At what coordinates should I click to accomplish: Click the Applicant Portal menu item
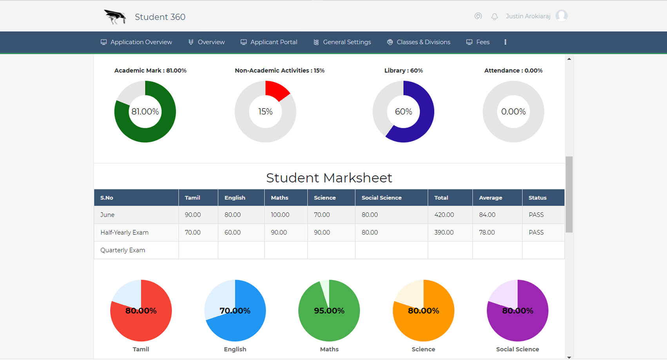(269, 42)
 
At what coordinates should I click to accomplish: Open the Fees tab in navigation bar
(478, 42)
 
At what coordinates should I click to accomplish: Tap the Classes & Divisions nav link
(419, 42)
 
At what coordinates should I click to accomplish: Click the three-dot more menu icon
(505, 42)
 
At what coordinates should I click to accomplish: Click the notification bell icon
(495, 16)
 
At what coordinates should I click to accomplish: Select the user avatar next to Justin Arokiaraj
(561, 16)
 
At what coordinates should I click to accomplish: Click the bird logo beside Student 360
(115, 17)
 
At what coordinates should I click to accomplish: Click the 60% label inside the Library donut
(403, 112)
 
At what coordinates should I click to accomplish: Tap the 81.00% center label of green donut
(145, 112)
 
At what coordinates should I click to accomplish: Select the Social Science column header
(381, 198)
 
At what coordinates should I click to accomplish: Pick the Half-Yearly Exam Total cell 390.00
(444, 233)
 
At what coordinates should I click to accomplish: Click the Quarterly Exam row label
(123, 250)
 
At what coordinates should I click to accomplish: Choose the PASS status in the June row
(536, 215)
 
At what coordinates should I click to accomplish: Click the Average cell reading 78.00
(487, 233)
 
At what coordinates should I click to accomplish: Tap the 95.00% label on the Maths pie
(329, 311)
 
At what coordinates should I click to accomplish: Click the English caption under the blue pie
(235, 349)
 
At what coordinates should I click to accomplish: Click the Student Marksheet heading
(329, 178)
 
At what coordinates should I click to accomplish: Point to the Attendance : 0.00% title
(513, 71)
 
